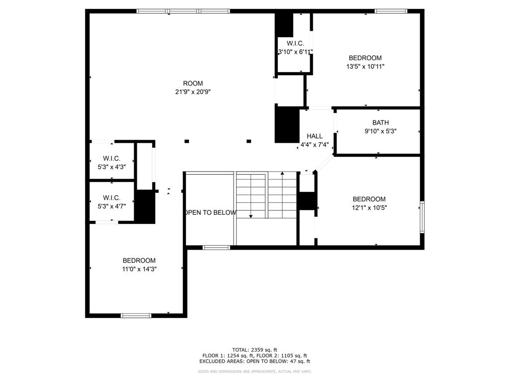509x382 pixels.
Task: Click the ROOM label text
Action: pos(193,84)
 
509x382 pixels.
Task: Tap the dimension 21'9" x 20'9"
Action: pos(193,92)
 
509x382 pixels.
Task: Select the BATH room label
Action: pos(380,123)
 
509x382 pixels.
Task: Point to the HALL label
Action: pos(315,136)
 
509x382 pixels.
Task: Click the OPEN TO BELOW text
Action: pos(211,213)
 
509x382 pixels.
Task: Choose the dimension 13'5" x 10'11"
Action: pos(365,67)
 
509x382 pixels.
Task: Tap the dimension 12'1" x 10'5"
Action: pos(369,208)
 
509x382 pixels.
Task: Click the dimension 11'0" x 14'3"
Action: pos(139,269)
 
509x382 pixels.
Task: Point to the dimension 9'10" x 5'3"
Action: pos(380,131)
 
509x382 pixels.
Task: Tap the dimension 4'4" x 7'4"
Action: pos(315,145)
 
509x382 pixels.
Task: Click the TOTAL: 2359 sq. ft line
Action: pos(254,350)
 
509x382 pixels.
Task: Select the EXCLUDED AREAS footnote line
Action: pos(254,361)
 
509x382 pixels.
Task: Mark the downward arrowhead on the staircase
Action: pos(251,216)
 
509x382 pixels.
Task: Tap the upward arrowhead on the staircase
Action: pos(282,174)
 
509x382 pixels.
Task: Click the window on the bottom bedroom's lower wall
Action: pos(136,315)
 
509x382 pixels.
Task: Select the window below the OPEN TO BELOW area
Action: pos(216,248)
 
